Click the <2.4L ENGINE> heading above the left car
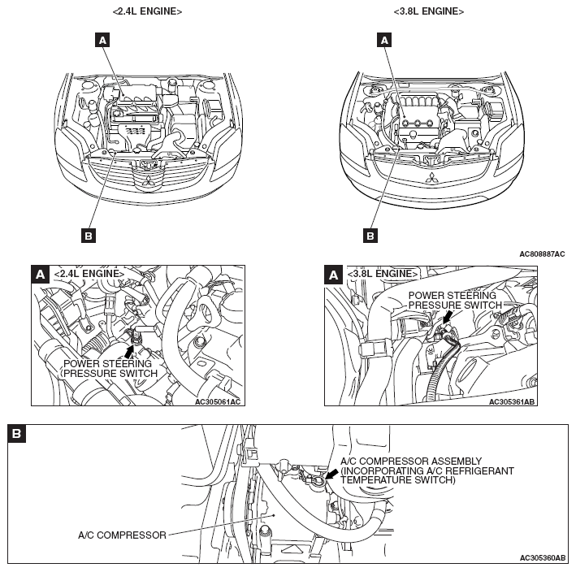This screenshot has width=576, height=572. coord(147,11)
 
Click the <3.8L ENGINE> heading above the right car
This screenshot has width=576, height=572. coord(429,11)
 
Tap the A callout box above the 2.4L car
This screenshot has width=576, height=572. coord(102,40)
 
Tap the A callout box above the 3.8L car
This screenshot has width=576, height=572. coord(384,40)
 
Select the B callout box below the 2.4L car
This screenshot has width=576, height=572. coord(89,236)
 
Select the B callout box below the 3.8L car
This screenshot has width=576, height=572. coord(370,236)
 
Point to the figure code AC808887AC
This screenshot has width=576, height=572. coord(542,254)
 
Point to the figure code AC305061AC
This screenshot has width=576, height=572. coord(218,402)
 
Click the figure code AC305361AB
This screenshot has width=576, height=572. coord(512,402)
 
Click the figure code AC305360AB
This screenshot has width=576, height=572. coord(543,558)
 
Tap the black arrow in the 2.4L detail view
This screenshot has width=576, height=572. coord(129,352)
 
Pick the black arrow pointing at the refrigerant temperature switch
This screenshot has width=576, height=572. coord(332,474)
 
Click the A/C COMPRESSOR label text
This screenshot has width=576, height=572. coord(123,535)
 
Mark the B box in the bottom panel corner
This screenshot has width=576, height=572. coord(16,434)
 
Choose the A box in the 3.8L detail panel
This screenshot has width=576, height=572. coord(334,275)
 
